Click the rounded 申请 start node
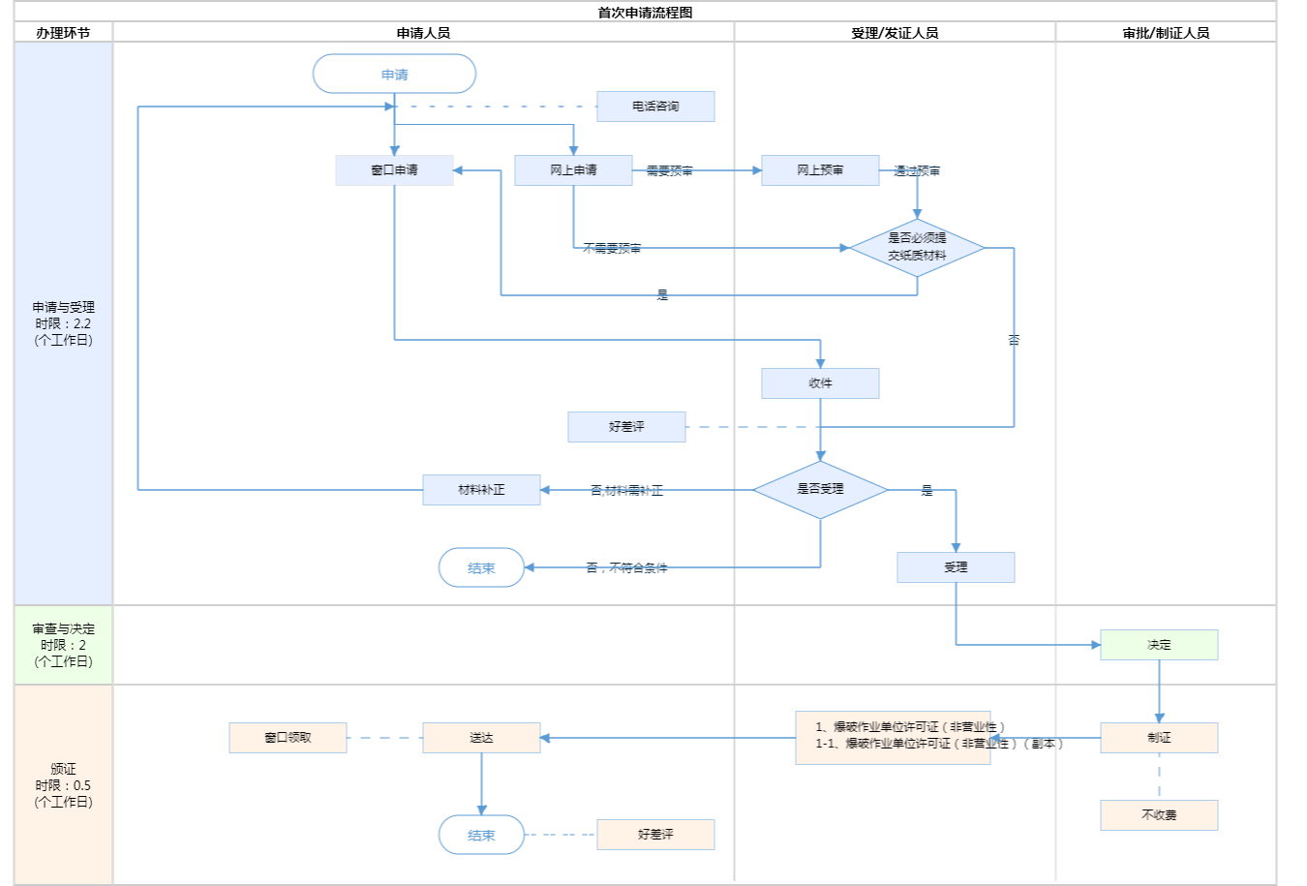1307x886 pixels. (x=394, y=75)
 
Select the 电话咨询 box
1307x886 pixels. (x=655, y=107)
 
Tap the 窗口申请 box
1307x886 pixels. (x=394, y=170)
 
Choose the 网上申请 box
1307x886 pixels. (x=573, y=170)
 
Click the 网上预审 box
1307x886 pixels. (x=820, y=170)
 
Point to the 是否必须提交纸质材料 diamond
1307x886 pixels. (x=917, y=248)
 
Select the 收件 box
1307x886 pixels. (x=820, y=383)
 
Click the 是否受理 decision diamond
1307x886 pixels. (x=820, y=490)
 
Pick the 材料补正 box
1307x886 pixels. (x=481, y=490)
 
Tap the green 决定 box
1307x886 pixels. (x=1159, y=645)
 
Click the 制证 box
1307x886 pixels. (x=1159, y=738)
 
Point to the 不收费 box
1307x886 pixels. (x=1159, y=815)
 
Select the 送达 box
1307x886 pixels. (x=481, y=738)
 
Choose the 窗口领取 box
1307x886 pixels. (x=288, y=738)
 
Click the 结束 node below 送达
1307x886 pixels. (x=481, y=835)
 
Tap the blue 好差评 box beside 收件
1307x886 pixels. (x=626, y=427)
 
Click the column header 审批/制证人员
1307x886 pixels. (x=1166, y=33)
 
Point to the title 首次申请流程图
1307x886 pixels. (x=645, y=13)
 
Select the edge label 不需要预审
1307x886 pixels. (x=612, y=249)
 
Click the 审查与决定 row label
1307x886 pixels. (x=63, y=645)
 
